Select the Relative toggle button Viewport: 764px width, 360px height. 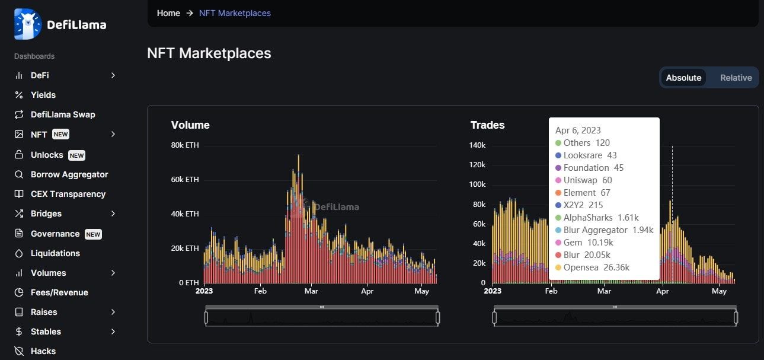(736, 78)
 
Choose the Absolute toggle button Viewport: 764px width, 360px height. (683, 78)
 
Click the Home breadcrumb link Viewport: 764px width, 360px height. (168, 12)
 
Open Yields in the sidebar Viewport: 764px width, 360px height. (43, 95)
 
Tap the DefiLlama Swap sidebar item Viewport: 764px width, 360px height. (62, 114)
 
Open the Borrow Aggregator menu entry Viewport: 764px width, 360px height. (69, 174)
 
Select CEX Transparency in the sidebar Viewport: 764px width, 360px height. (68, 194)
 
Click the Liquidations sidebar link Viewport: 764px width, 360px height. (55, 253)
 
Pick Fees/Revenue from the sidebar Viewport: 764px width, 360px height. (59, 292)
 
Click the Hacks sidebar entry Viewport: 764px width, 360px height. (43, 351)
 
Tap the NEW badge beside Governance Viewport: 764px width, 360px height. (93, 234)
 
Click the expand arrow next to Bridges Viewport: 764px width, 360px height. (113, 214)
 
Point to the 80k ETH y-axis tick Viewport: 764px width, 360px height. (184, 145)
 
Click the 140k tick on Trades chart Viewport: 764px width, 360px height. (477, 145)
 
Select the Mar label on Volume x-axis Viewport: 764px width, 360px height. (311, 291)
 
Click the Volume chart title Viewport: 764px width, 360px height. (190, 125)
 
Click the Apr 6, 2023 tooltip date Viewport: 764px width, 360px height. (578, 130)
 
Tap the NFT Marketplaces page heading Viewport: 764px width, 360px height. (209, 53)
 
